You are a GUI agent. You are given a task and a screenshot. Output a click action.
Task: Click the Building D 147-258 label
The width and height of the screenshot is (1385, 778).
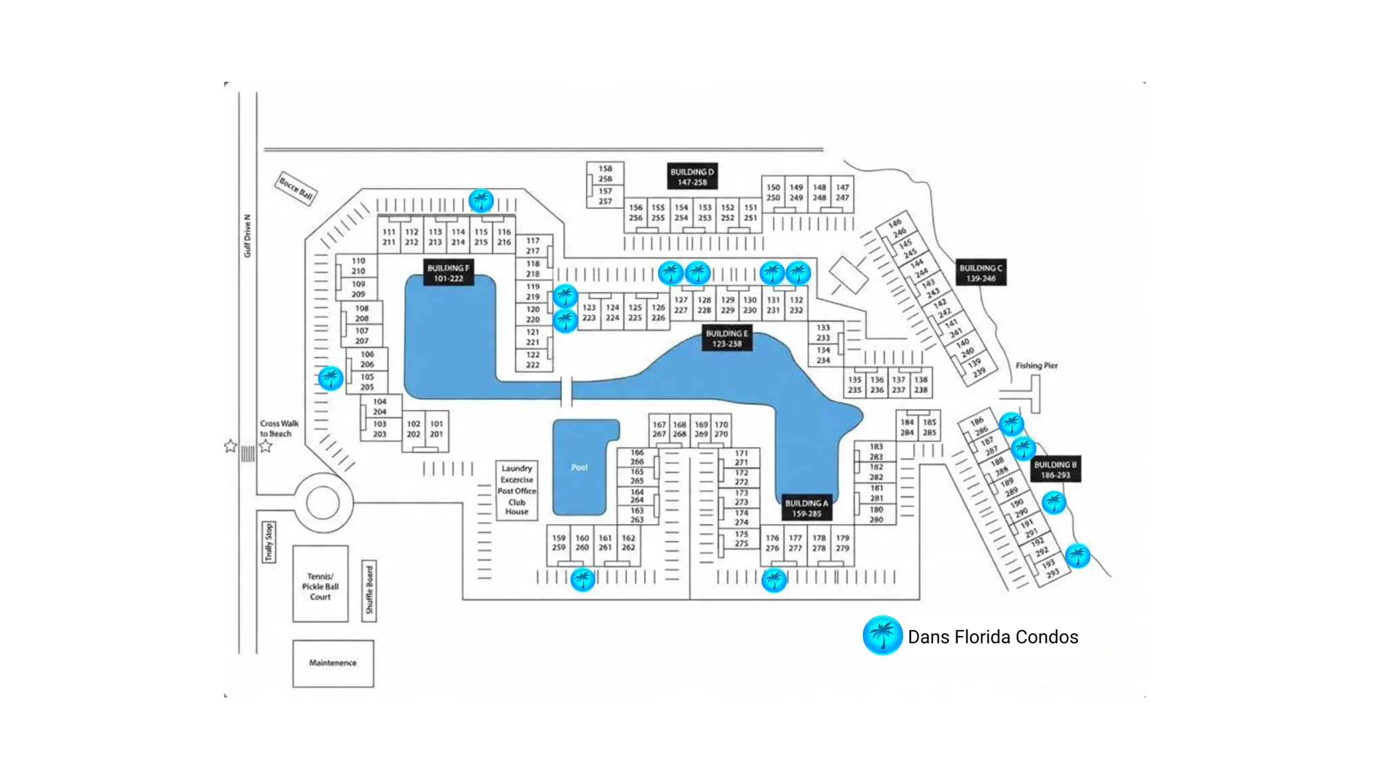click(x=692, y=177)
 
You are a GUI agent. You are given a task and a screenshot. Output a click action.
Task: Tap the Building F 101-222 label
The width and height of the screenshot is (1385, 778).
click(x=448, y=273)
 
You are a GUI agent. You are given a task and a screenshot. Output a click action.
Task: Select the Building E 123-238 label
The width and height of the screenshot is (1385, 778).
click(x=727, y=339)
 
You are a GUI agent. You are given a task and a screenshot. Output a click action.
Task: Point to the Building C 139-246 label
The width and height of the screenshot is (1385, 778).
click(x=981, y=273)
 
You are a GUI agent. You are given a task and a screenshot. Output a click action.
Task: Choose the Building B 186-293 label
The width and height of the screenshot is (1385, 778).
click(x=1055, y=470)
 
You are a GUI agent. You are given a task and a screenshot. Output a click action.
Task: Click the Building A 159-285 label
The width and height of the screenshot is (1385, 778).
click(x=807, y=508)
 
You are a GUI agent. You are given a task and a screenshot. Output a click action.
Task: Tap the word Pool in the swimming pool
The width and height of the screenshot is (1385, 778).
click(x=580, y=467)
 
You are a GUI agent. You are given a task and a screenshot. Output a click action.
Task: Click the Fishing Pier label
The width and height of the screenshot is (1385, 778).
click(x=1036, y=366)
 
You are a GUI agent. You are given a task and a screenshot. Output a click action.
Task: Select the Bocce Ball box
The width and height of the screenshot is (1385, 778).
click(x=296, y=188)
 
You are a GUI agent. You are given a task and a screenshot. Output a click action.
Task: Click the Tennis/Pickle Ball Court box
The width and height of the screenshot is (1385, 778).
click(x=321, y=585)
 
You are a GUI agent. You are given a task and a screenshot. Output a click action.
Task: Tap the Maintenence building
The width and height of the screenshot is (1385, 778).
click(x=333, y=663)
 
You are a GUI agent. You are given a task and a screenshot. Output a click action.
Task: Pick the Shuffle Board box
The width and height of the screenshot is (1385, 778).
click(x=369, y=591)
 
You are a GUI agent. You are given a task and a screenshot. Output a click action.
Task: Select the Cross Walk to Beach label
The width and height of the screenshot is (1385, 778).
click(x=279, y=429)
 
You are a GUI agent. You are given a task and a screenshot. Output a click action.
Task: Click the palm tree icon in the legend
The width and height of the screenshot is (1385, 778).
click(x=883, y=635)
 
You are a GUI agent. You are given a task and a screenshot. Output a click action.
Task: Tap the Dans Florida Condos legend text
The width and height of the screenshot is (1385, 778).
click(x=993, y=637)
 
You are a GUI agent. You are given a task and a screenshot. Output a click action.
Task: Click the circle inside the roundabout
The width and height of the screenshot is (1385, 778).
click(x=323, y=504)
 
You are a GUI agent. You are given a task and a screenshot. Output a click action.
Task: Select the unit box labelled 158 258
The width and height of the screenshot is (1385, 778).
click(x=605, y=174)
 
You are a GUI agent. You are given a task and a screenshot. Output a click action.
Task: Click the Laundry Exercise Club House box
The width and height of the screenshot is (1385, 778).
click(x=517, y=490)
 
